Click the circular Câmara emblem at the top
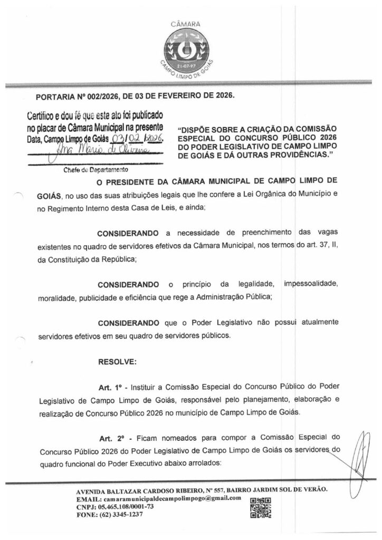tap(191, 52)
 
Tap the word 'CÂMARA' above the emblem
tap(191, 23)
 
